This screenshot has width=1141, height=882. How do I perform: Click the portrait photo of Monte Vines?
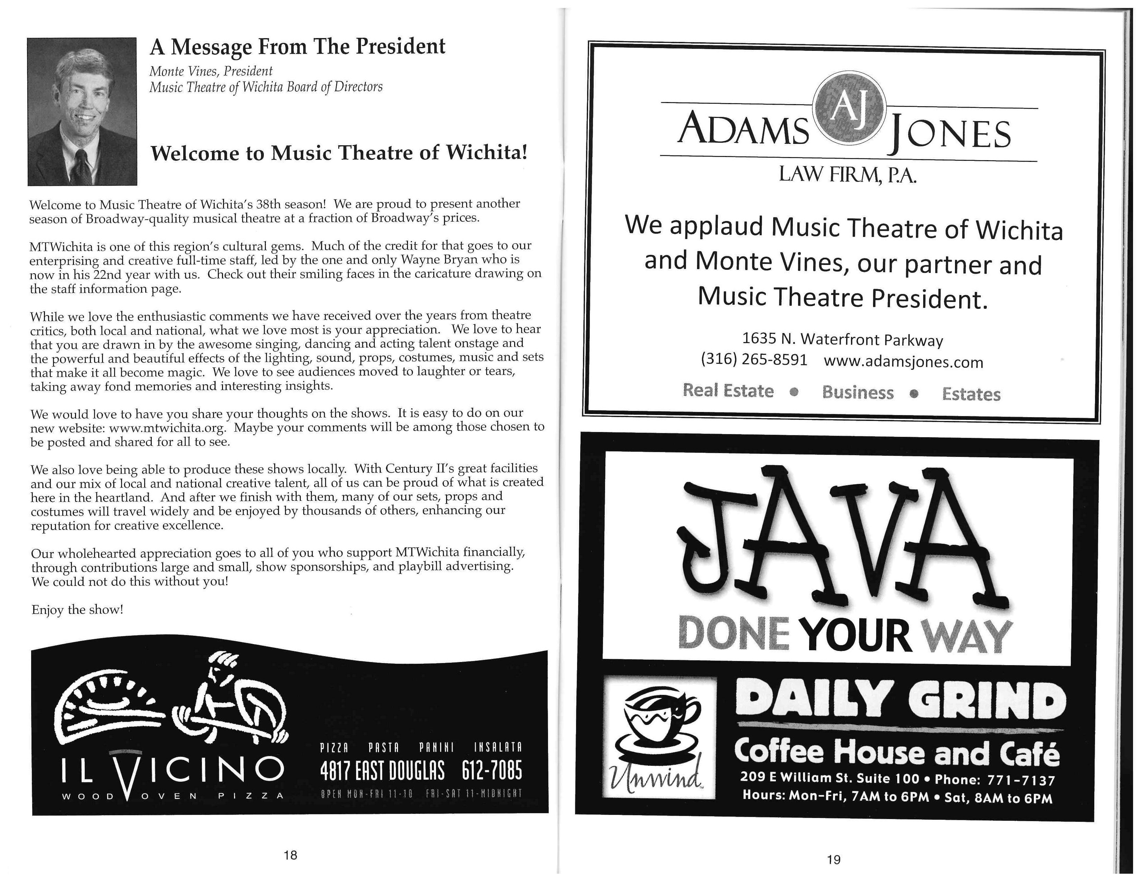point(82,111)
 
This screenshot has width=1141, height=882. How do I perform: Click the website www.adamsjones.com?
point(903,361)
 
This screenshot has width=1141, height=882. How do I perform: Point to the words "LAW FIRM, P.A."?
point(847,175)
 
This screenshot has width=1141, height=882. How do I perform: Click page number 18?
point(290,855)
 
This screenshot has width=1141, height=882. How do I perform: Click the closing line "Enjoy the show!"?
point(77,610)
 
